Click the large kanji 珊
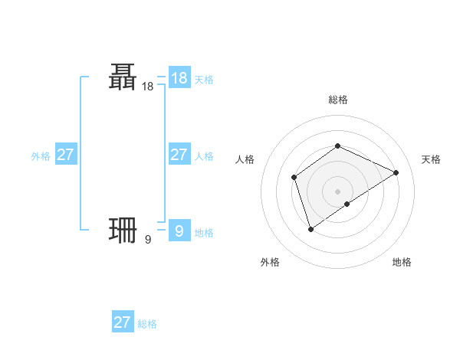(123, 230)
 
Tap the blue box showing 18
(179, 78)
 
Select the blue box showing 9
(179, 230)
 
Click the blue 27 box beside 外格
(66, 155)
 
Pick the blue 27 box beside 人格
(179, 155)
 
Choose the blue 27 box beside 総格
(123, 322)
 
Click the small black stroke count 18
(147, 87)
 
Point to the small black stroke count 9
(147, 241)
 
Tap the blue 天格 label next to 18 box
(204, 79)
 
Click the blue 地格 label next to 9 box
(204, 233)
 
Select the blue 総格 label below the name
(147, 324)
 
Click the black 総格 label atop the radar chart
(337, 100)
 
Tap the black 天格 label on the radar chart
(431, 159)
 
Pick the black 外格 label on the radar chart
(270, 262)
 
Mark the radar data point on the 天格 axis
(396, 172)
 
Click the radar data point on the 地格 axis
(347, 204)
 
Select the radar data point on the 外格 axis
(310, 228)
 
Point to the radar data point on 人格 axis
(294, 178)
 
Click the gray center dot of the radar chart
(337, 191)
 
